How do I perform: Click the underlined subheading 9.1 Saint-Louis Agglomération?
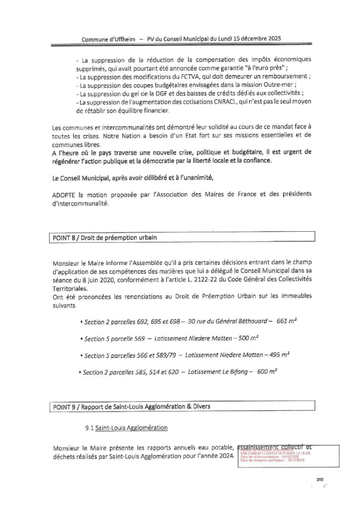point(126,428)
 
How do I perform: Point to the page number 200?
point(320,479)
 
